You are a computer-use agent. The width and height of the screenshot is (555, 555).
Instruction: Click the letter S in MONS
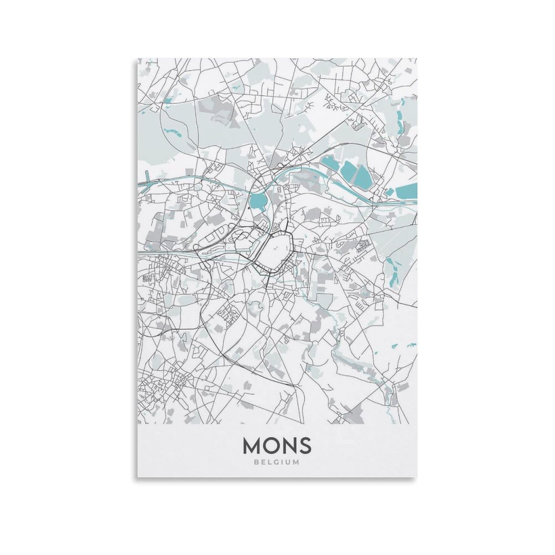coord(304,445)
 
